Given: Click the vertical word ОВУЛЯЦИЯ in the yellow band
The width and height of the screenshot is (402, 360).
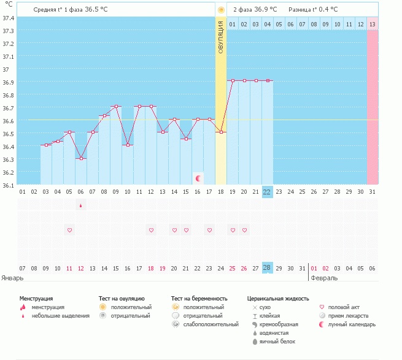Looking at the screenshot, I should point(221,37).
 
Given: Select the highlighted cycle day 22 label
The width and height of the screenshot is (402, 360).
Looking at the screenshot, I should point(267,191).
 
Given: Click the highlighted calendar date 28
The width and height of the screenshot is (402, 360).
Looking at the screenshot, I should point(267,268).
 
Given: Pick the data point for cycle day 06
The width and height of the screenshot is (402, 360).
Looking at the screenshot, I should point(81,158).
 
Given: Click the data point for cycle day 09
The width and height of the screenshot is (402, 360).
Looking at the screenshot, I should point(116,107).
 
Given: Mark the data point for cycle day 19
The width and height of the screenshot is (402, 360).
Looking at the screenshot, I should point(233,80).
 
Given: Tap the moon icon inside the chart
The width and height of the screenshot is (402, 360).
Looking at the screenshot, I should point(198,178).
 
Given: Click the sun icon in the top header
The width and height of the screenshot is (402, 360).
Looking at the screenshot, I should point(221,10).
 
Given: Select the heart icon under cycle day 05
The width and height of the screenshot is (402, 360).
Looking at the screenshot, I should point(69,230).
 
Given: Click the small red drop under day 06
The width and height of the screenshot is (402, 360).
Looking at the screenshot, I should point(81,205).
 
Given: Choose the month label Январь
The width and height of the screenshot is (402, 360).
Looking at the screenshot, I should point(12,278).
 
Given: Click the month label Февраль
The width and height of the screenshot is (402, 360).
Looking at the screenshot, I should point(323,278).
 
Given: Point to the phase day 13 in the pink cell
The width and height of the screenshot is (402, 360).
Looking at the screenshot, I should point(373,24).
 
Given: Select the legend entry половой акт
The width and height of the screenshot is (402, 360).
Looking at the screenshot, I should point(344,307).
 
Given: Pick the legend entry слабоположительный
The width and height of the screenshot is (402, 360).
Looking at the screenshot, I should point(211,324).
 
